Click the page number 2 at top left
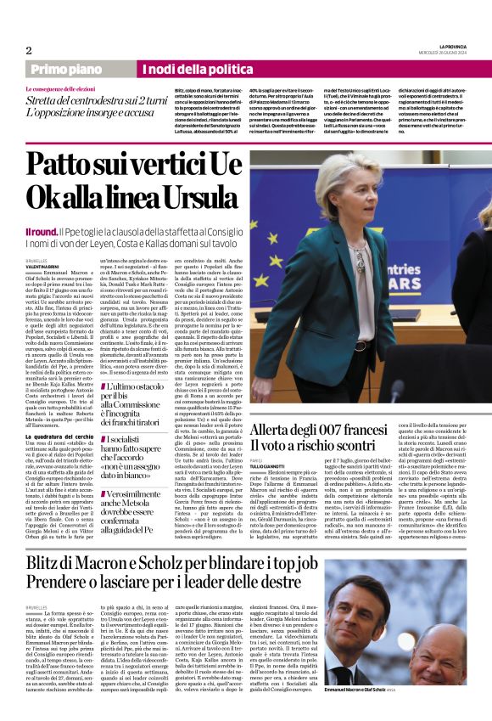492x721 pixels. [29, 50]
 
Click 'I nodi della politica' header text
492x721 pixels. [184, 70]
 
